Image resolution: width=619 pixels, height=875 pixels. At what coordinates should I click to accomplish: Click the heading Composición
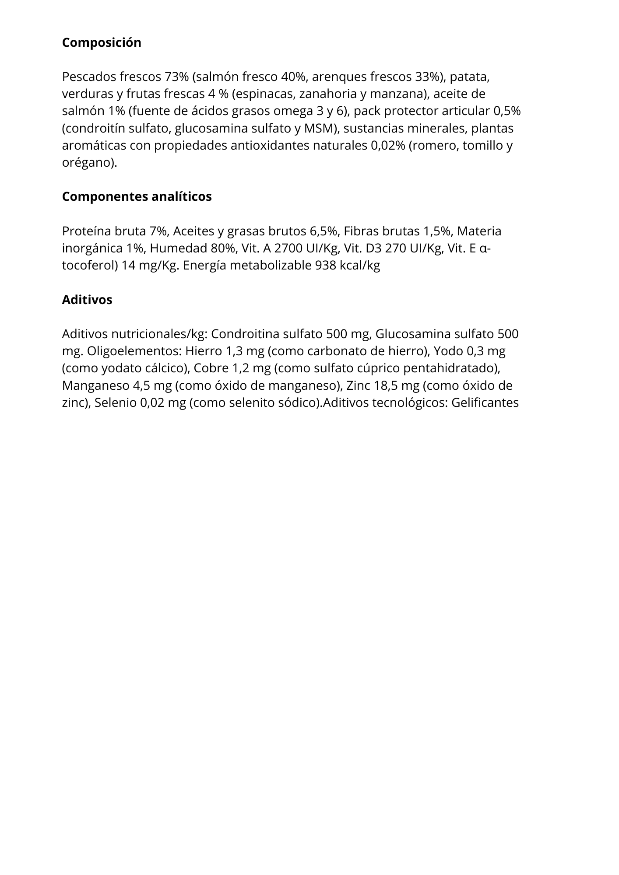(x=102, y=43)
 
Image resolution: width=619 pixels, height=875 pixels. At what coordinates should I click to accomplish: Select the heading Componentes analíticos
(x=137, y=197)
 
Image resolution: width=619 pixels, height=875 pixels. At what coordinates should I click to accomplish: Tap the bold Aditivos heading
(x=87, y=300)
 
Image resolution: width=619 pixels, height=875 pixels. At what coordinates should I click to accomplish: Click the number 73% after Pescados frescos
(x=176, y=77)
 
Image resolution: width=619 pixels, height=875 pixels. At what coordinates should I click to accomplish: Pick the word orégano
(x=89, y=163)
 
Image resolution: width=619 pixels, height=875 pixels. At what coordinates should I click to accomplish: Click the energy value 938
(x=326, y=266)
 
